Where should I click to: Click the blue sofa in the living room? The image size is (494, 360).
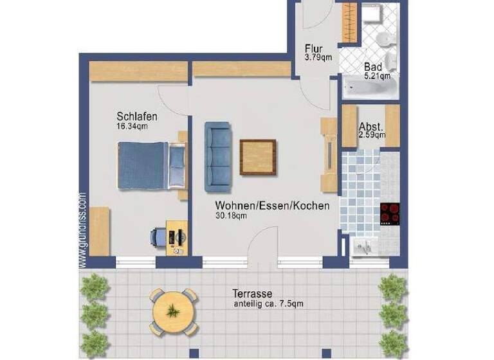pos(217,157)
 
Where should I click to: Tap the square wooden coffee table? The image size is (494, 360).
pos(258,157)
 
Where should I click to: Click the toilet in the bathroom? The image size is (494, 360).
pos(383,40)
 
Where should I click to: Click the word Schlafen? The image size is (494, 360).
pos(137,116)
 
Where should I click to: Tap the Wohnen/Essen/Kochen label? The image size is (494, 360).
pos(272,206)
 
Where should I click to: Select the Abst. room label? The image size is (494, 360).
pos(372,126)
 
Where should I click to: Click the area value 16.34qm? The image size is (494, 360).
pos(132,127)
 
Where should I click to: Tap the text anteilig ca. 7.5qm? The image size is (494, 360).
pos(268,303)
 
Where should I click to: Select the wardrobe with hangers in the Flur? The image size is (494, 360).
pos(349,23)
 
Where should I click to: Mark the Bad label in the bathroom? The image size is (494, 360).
pos(373,67)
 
